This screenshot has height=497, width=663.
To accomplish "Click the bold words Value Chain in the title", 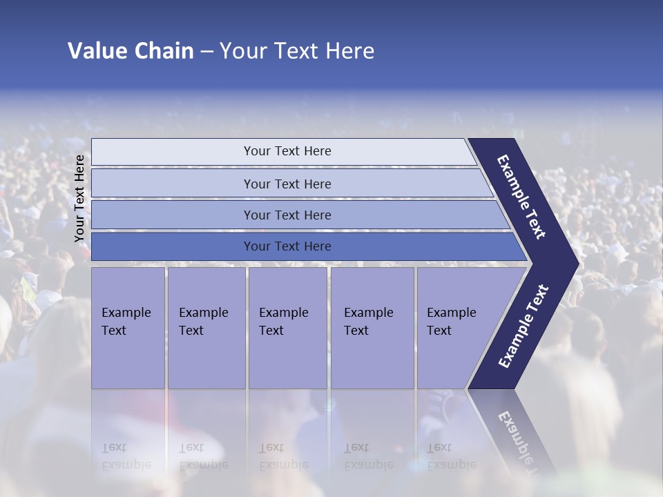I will click(x=131, y=51).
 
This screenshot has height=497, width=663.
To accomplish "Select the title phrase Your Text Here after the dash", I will click(x=297, y=51).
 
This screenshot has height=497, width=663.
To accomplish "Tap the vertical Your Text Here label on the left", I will click(x=79, y=198).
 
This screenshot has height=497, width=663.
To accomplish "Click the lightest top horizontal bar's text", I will click(x=287, y=151).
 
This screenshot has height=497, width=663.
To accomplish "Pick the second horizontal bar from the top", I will click(x=287, y=184).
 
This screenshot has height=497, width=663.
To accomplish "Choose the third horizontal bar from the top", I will click(x=287, y=215).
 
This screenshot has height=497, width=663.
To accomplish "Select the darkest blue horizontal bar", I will click(x=287, y=246).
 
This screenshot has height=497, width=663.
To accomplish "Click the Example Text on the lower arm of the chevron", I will click(x=523, y=327).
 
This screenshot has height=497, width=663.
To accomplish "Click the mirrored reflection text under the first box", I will click(x=126, y=456).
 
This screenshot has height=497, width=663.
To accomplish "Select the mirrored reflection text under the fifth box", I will click(x=451, y=456).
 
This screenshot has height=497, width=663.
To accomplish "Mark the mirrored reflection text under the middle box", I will click(x=284, y=456).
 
